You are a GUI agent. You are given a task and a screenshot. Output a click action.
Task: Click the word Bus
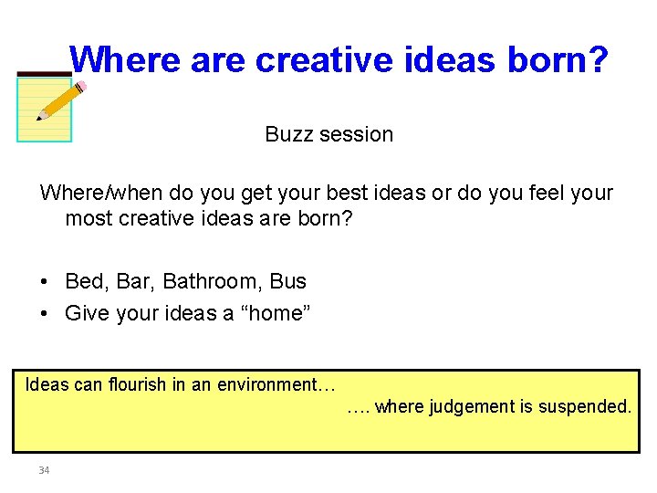click(288, 281)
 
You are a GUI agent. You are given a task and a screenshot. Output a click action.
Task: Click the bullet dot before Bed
click(45, 282)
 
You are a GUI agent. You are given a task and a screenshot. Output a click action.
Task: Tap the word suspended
click(581, 406)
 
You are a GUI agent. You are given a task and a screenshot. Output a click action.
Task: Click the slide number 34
click(44, 470)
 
